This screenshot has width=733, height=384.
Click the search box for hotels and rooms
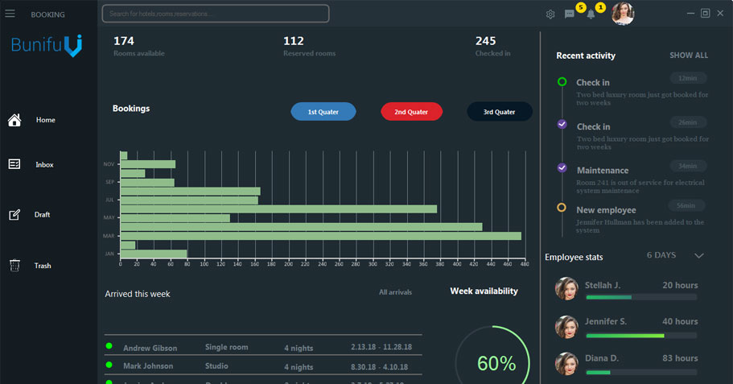[215, 14]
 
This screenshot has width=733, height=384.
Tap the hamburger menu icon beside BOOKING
[10, 14]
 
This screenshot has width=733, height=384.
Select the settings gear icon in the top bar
[550, 14]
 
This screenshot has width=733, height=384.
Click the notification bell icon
[591, 14]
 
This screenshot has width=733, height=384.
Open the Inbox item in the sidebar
[44, 164]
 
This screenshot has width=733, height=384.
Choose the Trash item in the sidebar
[42, 266]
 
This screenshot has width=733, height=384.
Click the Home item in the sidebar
[45, 120]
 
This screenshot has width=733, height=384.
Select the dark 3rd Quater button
[500, 112]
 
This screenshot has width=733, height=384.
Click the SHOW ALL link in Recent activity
[689, 56]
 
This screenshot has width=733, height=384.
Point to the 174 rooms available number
[123, 41]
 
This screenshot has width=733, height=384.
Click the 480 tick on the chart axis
[524, 263]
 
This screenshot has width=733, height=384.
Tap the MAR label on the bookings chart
[109, 236]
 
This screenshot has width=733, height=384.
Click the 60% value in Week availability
[496, 363]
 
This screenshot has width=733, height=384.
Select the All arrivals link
[395, 292]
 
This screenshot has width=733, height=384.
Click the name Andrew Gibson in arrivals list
[150, 348]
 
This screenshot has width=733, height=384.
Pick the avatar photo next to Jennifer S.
[567, 326]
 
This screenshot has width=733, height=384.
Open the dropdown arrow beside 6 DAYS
[698, 256]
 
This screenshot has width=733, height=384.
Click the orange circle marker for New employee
[562, 208]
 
